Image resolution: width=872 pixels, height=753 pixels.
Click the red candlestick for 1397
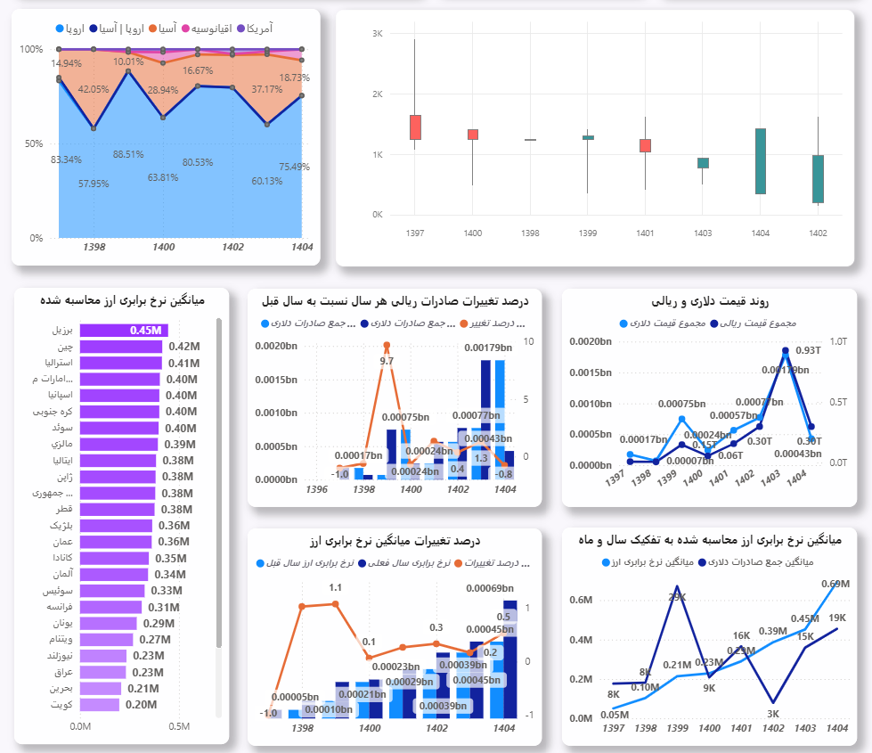click(x=415, y=127)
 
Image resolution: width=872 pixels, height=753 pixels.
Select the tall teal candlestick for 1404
click(x=760, y=160)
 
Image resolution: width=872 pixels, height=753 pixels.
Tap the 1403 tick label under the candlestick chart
click(x=703, y=233)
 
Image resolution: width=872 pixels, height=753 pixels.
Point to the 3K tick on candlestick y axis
click(x=377, y=34)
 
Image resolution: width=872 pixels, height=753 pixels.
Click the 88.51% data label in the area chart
click(x=128, y=154)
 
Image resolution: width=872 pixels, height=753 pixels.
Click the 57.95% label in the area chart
click(x=94, y=184)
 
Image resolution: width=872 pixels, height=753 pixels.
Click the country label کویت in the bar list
click(x=61, y=705)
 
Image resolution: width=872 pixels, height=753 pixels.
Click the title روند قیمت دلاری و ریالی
click(x=715, y=302)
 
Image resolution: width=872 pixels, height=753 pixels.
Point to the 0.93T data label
click(x=808, y=350)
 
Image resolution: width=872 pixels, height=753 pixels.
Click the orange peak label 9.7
click(x=387, y=361)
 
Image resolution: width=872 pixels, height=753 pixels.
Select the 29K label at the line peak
click(x=678, y=597)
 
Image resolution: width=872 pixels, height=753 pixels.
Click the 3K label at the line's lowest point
click(x=772, y=713)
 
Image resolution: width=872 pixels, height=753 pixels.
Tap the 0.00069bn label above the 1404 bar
click(x=490, y=588)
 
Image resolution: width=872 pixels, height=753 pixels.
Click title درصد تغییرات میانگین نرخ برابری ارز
click(x=397, y=541)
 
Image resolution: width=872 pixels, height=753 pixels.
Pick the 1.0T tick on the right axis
click(x=837, y=341)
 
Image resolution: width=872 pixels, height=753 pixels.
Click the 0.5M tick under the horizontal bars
click(x=179, y=726)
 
